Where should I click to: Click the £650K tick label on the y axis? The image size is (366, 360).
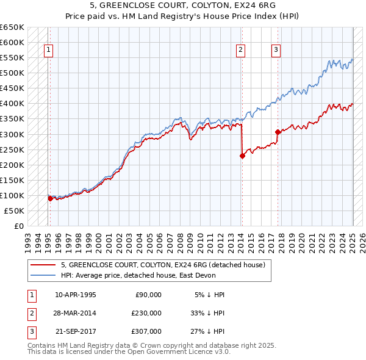pos(12,27)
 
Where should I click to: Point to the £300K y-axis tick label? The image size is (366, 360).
pos(12,134)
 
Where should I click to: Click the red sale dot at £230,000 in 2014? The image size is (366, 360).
pos(242,156)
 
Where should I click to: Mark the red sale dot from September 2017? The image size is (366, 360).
pos(278,132)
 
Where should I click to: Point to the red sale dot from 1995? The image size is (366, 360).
pos(50,198)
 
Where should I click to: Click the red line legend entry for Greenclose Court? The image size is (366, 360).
pos(162,265)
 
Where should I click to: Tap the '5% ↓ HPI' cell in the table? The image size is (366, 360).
pos(209,295)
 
